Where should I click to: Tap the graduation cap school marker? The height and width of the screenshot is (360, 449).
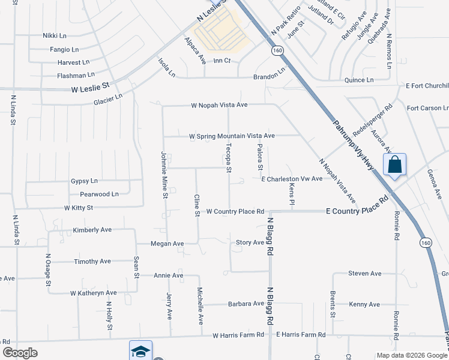140,351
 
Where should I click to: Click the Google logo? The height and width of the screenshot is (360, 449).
20,353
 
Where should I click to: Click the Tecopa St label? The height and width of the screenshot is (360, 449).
228,157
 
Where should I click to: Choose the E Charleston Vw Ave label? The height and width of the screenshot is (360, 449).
292,179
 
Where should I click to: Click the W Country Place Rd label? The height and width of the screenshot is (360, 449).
235,211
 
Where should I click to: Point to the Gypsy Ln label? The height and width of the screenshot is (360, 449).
84,181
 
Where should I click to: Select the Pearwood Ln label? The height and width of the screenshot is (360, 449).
99,194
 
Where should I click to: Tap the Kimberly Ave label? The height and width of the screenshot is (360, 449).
92,230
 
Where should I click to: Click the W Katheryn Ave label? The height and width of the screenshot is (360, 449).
93,293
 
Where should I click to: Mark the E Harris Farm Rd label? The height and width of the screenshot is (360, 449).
300,334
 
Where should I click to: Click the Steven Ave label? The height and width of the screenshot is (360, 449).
365,274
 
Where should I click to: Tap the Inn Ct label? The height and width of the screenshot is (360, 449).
222,61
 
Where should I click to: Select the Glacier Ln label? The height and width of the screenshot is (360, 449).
108,100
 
